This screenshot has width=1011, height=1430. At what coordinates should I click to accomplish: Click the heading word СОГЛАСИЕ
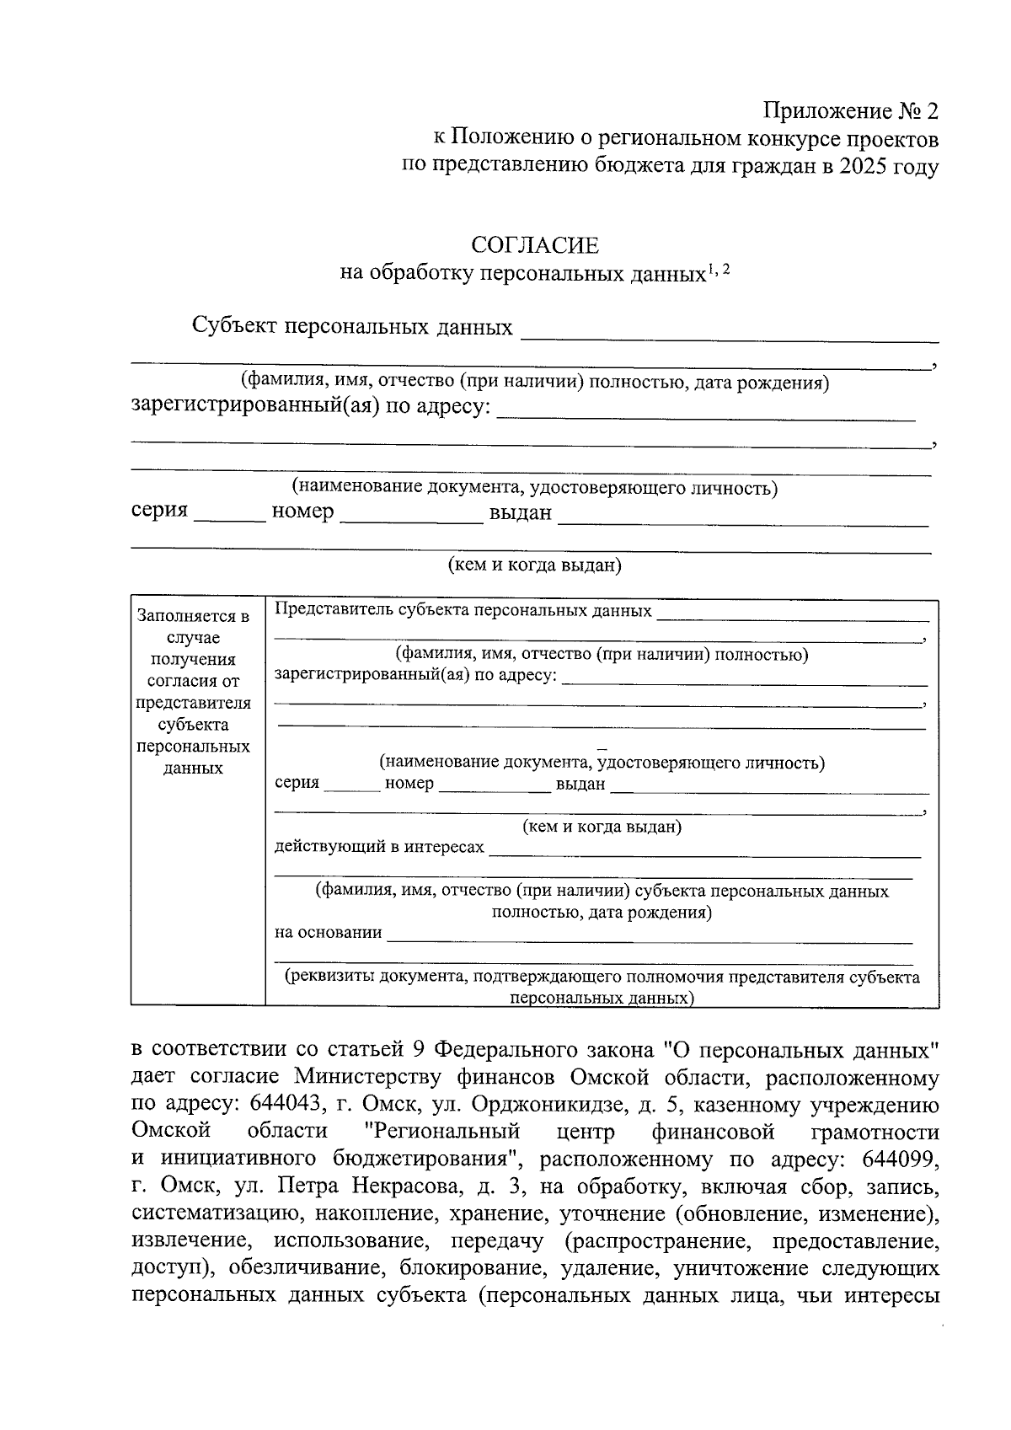pos(535,245)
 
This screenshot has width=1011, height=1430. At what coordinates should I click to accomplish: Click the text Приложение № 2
pos(850,111)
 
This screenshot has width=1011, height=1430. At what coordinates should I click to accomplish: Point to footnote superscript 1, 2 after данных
pos(719,270)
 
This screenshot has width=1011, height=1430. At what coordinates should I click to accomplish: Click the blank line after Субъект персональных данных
pos(730,337)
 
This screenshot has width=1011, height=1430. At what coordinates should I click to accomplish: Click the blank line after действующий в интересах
pos(704,853)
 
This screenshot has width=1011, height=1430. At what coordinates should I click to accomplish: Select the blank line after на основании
pos(649,939)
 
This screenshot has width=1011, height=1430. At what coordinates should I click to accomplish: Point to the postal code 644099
pos(901,1160)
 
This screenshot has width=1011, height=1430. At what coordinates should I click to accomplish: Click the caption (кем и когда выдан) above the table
pos(534,565)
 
